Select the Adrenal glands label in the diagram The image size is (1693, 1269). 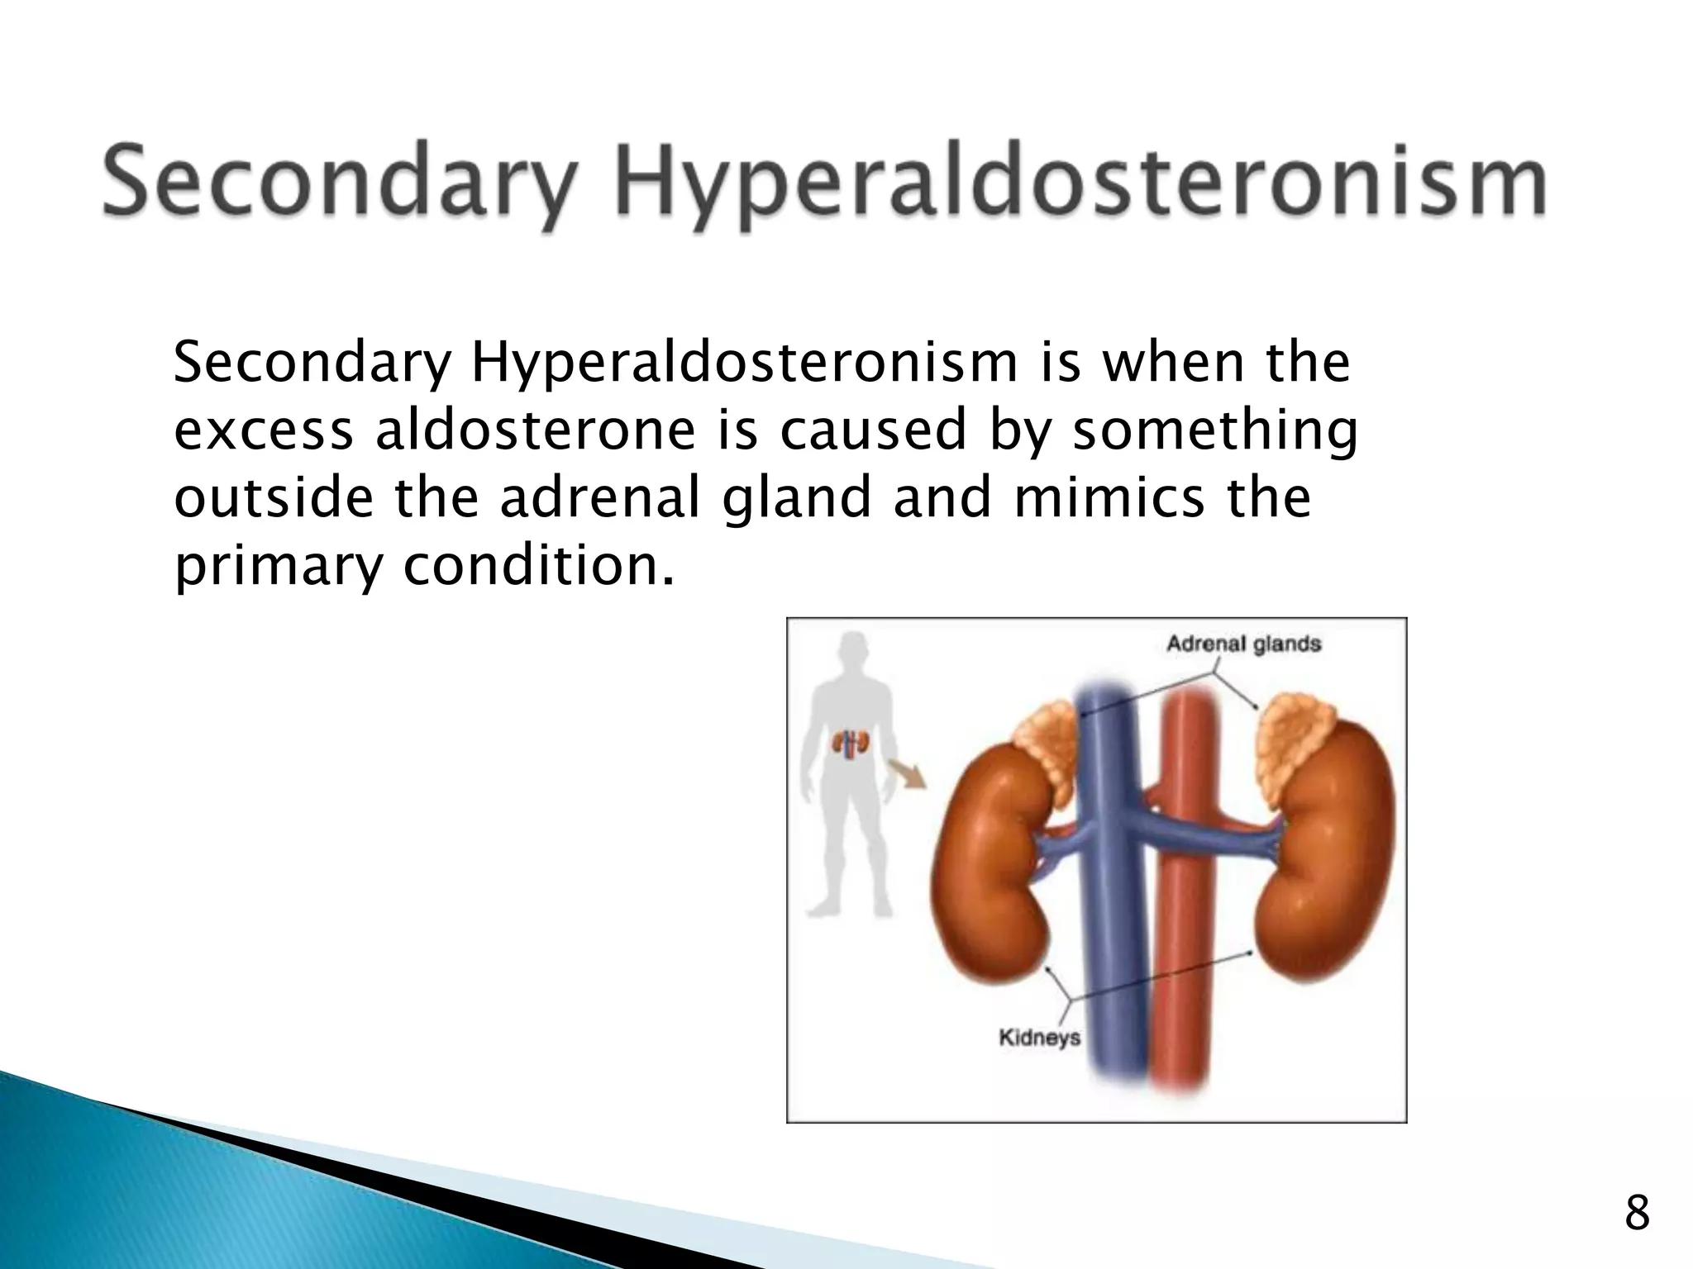[1243, 644]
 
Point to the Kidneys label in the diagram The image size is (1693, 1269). [1040, 1037]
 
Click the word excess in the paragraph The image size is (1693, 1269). [264, 430]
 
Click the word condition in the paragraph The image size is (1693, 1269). [537, 567]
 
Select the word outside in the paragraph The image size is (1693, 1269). [274, 498]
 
